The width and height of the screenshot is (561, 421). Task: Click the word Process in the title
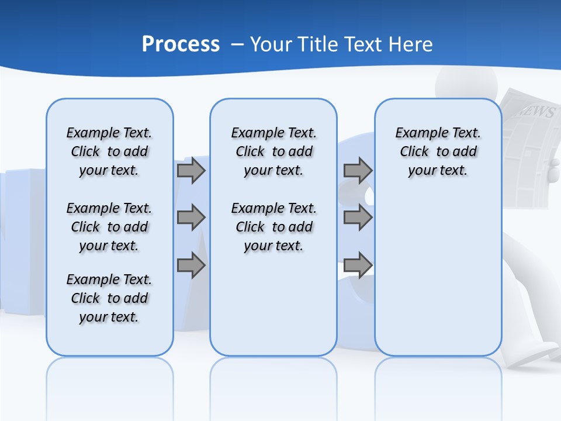(181, 44)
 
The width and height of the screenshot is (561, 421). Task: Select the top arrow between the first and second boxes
(191, 170)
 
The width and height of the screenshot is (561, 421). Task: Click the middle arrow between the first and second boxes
(191, 218)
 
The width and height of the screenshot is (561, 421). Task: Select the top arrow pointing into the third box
(358, 170)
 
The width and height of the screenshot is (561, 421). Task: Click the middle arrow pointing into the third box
(358, 218)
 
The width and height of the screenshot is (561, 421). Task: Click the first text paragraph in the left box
(109, 151)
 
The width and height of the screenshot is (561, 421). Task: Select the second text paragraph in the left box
(109, 227)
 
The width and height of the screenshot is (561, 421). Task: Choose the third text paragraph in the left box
(109, 298)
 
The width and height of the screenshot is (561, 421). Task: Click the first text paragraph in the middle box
(273, 151)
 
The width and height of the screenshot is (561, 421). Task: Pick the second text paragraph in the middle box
(273, 227)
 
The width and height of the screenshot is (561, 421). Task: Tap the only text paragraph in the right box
(438, 151)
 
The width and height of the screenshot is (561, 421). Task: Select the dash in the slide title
(237, 44)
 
